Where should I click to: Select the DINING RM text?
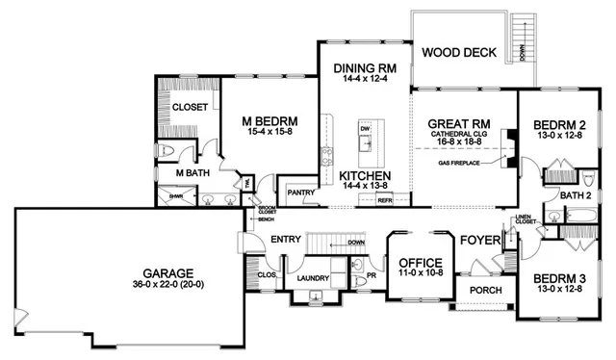point(364,68)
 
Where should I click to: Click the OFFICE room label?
point(419,263)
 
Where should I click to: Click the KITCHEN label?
point(364,176)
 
